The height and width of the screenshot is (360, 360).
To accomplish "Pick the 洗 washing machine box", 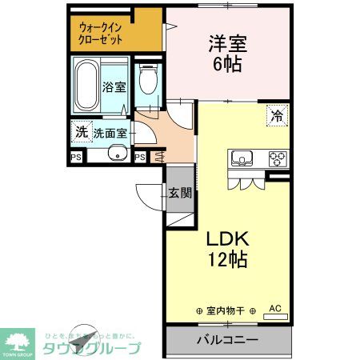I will [80, 132].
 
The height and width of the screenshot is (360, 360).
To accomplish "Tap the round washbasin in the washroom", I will [119, 155].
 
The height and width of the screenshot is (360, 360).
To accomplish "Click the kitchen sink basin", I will [242, 157].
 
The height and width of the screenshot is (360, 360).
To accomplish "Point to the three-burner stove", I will [276, 157].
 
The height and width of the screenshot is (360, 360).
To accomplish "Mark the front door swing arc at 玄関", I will [148, 194].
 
